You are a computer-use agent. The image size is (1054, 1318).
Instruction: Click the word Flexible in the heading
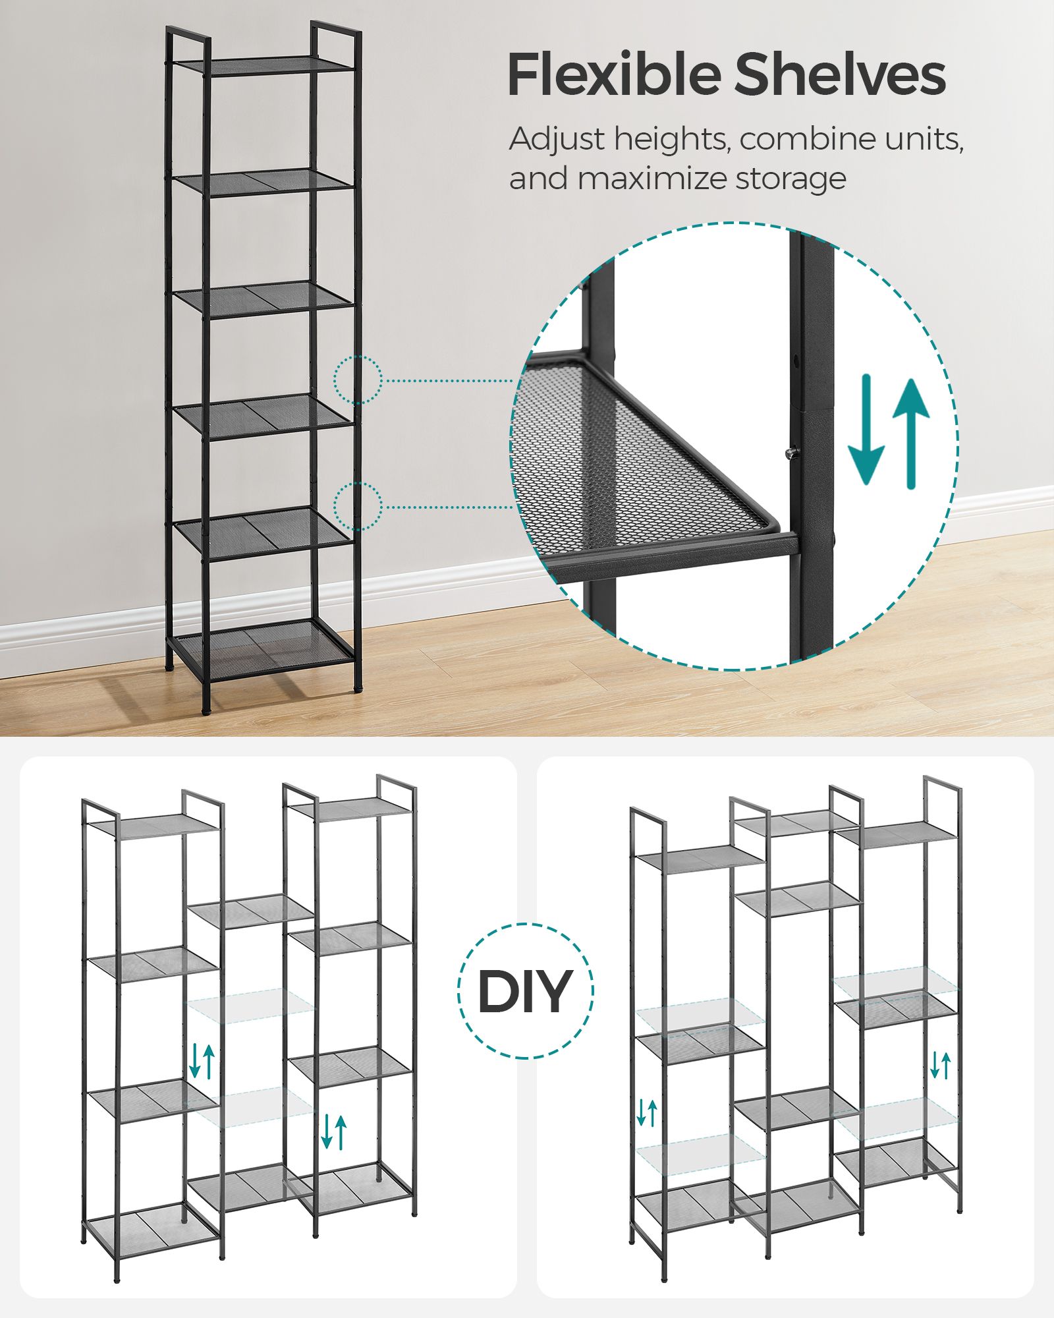point(614,74)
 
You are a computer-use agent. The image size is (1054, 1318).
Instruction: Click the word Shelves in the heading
point(841,74)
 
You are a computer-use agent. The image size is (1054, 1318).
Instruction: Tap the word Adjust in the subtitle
point(557,140)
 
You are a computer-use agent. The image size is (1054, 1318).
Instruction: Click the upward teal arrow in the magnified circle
point(911,434)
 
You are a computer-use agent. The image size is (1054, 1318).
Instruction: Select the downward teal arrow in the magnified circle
point(866,430)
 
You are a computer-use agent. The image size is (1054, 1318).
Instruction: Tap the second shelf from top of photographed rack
point(265,181)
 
